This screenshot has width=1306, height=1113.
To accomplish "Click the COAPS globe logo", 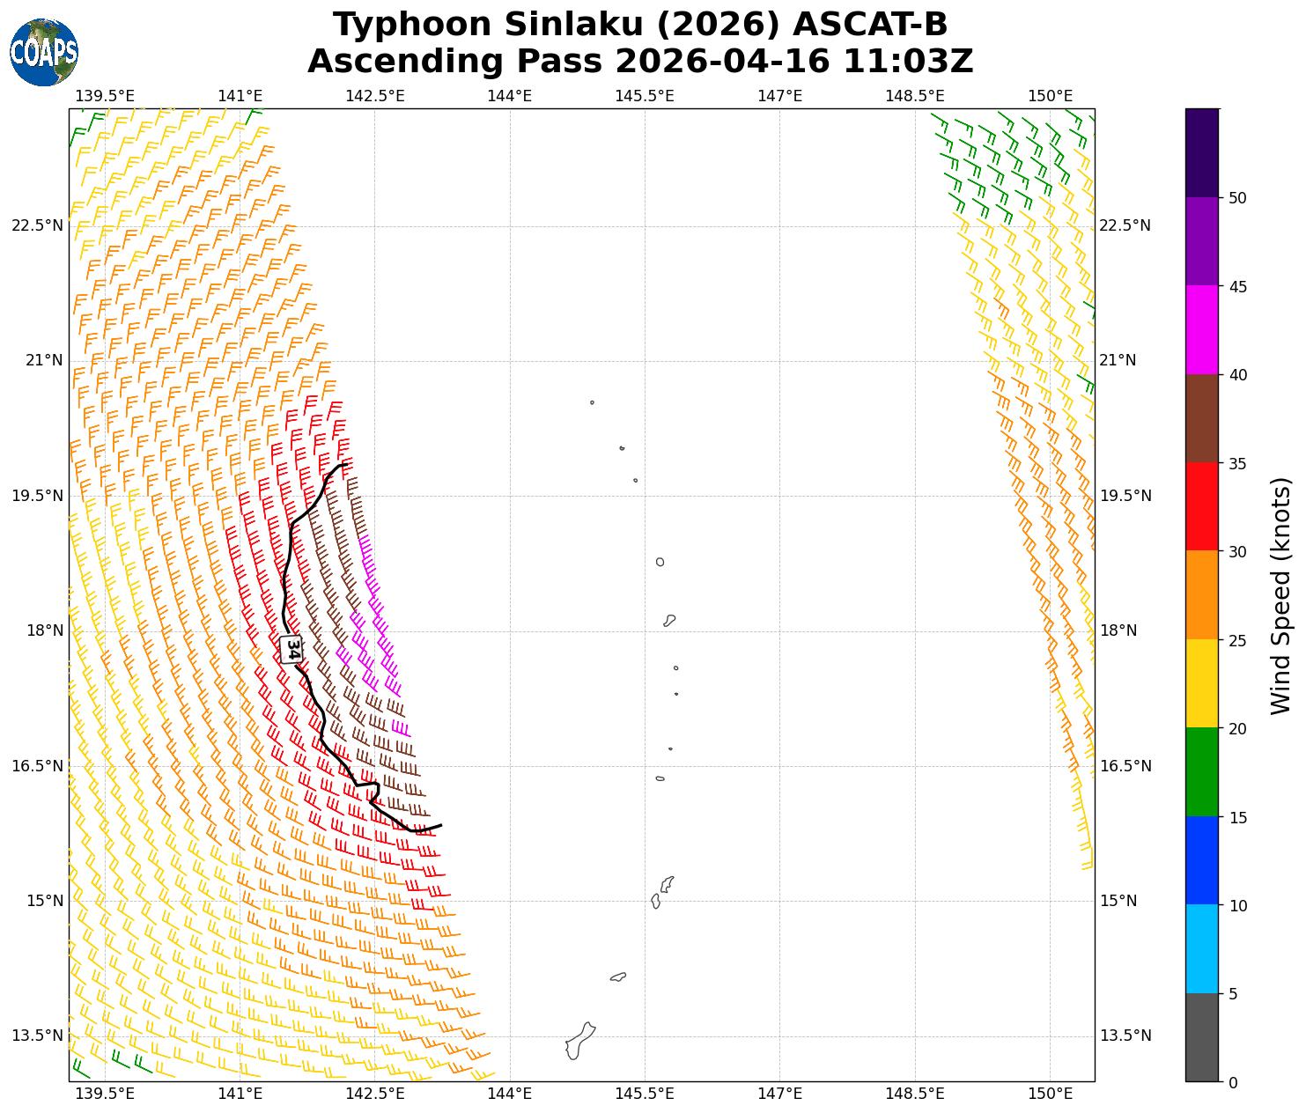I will click(44, 53).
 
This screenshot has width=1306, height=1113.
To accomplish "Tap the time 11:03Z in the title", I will click(908, 62).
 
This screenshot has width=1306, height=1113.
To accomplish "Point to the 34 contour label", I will click(292, 649).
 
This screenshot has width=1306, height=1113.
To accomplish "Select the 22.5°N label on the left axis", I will click(37, 225).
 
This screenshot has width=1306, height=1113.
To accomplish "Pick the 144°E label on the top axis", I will click(509, 95).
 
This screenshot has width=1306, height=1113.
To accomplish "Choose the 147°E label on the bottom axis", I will click(779, 1094).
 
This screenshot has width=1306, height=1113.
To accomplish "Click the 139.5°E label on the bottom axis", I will click(105, 1094).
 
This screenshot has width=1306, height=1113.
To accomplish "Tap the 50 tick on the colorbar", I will click(1237, 198).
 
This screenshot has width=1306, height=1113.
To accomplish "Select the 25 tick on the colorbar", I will click(1237, 640).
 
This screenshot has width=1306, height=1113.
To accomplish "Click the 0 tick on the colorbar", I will click(1233, 1082).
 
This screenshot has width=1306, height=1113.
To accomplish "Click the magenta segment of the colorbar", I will click(1202, 330).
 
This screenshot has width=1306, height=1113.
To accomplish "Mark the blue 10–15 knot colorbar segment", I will click(1202, 860).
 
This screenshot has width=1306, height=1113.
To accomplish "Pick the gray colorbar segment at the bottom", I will click(1202, 1037).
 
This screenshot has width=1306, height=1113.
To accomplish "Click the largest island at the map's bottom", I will click(579, 1041).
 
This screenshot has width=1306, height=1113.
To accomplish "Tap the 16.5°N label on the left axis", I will click(37, 766).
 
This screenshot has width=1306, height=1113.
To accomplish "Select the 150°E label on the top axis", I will click(1050, 95).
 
